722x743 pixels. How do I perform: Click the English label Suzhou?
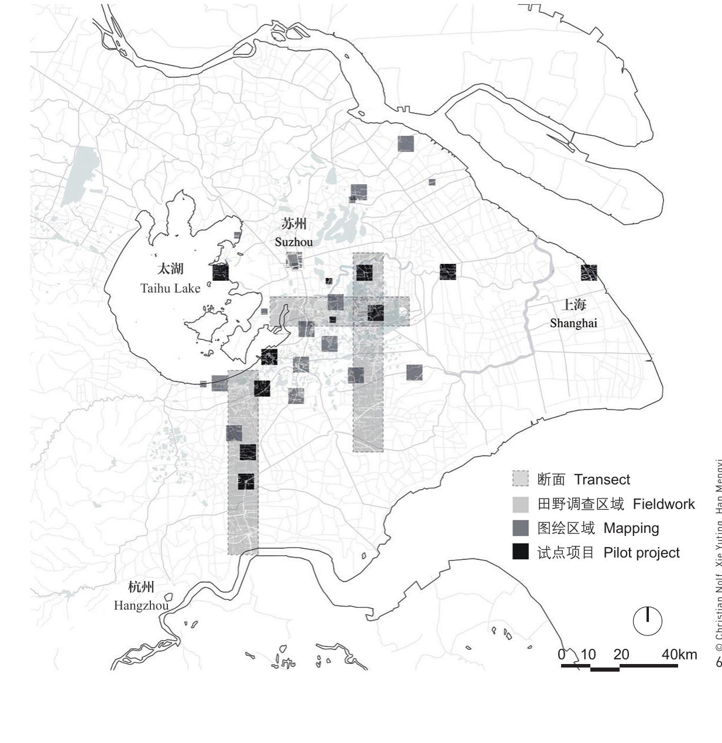[294, 242]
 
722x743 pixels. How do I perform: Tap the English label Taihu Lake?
[170, 288]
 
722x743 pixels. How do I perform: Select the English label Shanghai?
[573, 324]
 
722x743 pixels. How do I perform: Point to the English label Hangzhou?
[141, 606]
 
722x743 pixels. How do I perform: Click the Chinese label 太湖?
[170, 269]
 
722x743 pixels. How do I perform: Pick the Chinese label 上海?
[573, 304]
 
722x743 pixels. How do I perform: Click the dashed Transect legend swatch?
[520, 479]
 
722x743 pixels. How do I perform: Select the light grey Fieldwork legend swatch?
[520, 504]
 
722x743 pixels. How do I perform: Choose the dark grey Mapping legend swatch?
[520, 528]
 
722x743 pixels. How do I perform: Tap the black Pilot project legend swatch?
[520, 552]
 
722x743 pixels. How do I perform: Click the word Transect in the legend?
[601, 480]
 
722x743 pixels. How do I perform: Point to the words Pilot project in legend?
[641, 553]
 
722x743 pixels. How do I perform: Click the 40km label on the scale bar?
[679, 655]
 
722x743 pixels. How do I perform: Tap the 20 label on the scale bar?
[621, 655]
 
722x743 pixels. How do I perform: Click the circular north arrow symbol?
[648, 621]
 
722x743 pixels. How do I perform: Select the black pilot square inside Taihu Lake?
[221, 273]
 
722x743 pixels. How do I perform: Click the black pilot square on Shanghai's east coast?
[589, 273]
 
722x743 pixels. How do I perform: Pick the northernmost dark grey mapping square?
[406, 144]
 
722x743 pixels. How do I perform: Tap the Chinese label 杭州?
[141, 587]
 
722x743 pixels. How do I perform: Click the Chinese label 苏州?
[294, 223]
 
